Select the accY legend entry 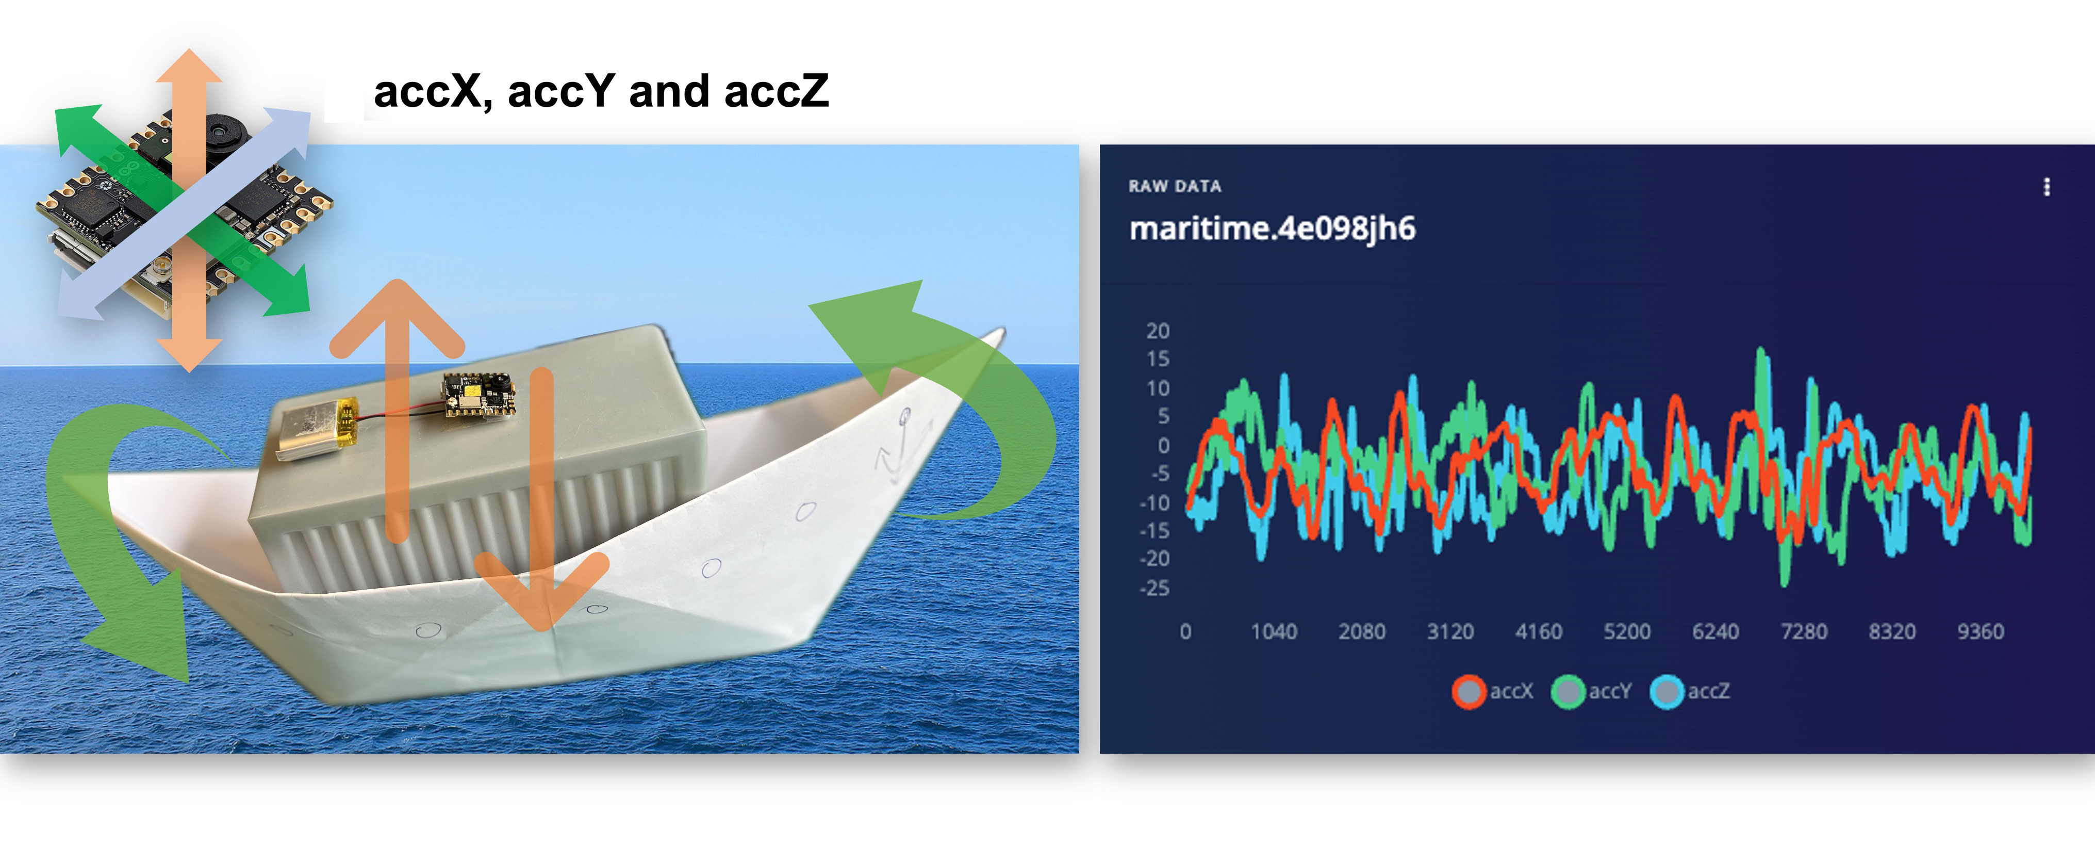(x=1592, y=691)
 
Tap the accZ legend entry (x=1690, y=691)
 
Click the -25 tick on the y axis (x=1155, y=588)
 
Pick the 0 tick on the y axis (x=1164, y=446)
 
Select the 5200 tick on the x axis (x=1627, y=631)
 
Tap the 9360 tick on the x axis (x=1981, y=631)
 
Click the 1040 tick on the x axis (x=1274, y=631)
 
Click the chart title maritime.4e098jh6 (x=1272, y=229)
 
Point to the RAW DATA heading (x=1175, y=186)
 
